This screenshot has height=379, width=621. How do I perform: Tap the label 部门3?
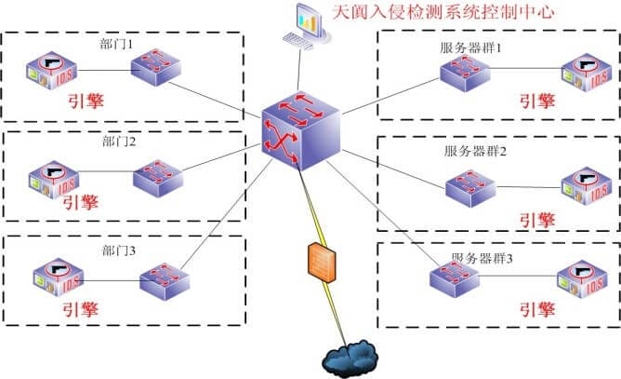point(119,249)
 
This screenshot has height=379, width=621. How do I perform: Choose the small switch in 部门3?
point(165,280)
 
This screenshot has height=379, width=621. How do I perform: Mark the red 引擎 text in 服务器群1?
point(537,101)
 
